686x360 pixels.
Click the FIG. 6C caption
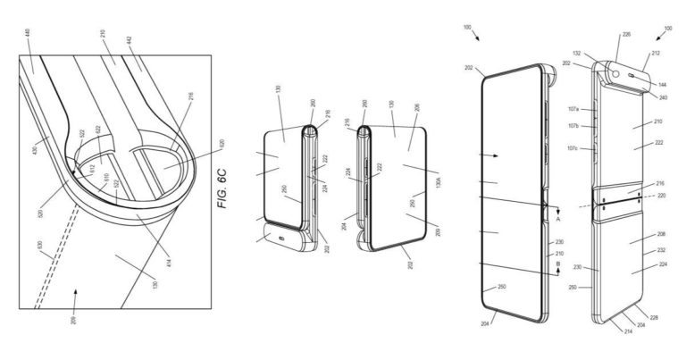click(x=223, y=188)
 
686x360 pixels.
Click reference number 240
click(x=662, y=96)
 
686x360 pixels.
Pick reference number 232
click(x=662, y=251)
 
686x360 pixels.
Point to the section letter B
click(x=559, y=264)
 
